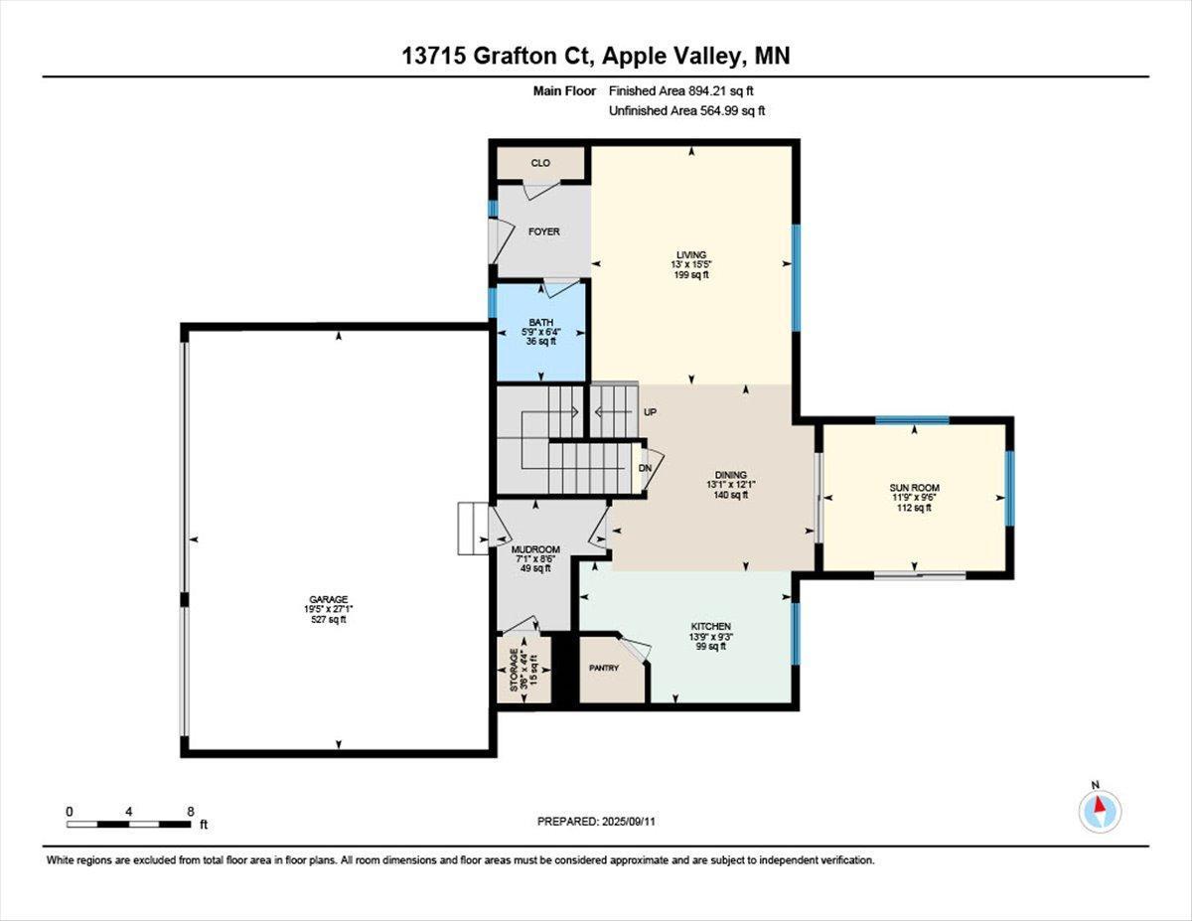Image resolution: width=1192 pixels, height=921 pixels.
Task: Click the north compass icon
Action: [1100, 812]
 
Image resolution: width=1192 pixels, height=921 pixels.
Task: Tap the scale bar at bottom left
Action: [129, 824]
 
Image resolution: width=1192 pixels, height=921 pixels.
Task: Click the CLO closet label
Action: [540, 163]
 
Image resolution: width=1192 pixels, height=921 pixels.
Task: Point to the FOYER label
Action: [543, 231]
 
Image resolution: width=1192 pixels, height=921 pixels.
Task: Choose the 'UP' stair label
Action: [651, 411]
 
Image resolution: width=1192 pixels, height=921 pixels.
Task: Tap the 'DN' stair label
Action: [645, 468]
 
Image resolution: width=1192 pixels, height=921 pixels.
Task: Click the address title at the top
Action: [596, 57]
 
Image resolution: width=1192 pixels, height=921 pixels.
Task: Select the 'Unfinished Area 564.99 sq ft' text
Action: [686, 111]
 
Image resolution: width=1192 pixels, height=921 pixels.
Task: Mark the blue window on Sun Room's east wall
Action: [1009, 488]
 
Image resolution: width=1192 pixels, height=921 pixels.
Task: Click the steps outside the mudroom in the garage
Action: [471, 528]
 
